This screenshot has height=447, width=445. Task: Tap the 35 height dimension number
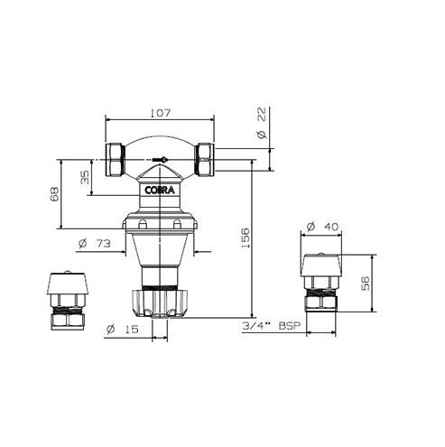pos(86,178)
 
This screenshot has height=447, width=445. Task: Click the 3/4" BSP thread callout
pos(271,326)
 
